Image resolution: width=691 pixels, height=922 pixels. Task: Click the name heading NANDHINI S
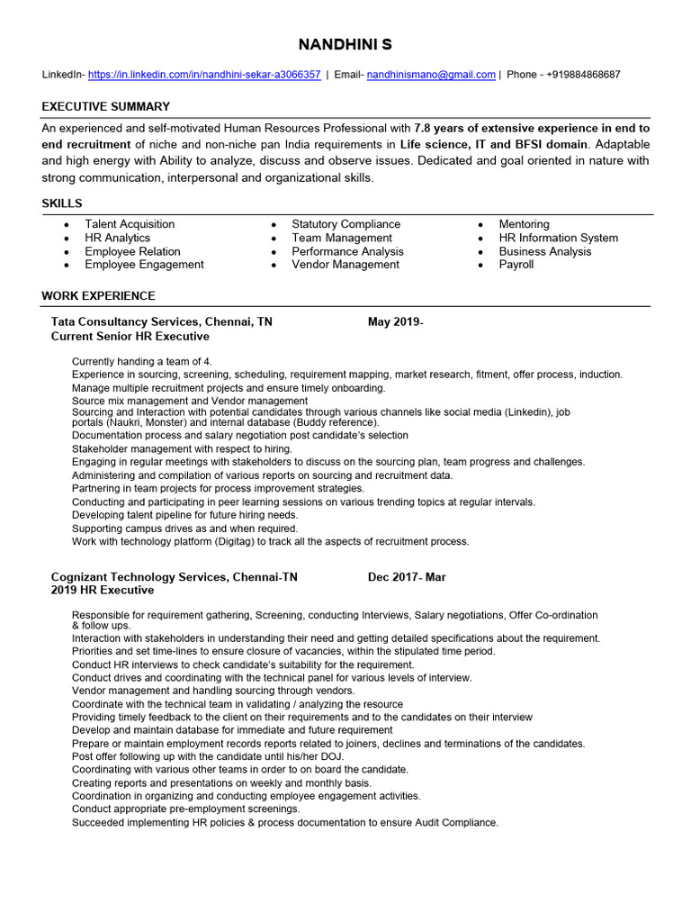pos(345,44)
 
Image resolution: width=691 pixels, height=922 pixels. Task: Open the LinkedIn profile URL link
pos(204,75)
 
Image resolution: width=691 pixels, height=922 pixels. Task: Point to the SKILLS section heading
pos(62,203)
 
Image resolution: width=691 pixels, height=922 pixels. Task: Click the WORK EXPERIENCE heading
pos(98,295)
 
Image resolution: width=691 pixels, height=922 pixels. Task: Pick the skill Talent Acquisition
pos(130,224)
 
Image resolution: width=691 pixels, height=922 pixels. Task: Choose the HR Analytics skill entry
pos(117,238)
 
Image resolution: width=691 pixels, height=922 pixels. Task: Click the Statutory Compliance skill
pos(345,224)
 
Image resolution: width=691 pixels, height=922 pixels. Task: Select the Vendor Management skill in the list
pos(345,265)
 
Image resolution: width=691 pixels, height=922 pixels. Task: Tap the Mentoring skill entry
pos(524,224)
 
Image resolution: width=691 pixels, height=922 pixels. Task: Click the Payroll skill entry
pos(516,265)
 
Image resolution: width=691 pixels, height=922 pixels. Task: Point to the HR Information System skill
pos(558,238)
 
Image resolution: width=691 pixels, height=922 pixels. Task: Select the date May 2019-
pos(395,321)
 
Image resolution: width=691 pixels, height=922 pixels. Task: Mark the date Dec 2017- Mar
pos(407,577)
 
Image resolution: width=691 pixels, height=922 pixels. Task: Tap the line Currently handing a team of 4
pos(141,361)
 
